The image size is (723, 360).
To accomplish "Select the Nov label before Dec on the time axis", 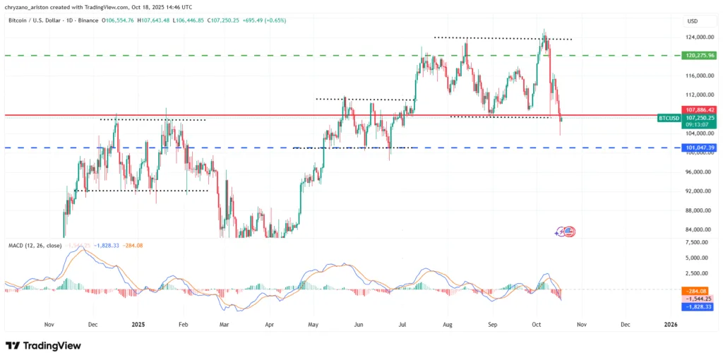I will [x=49, y=325].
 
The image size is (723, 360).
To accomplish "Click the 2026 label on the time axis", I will [x=671, y=325].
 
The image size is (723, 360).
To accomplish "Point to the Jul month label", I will [x=402, y=325].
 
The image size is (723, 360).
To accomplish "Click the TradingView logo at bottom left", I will [x=43, y=346].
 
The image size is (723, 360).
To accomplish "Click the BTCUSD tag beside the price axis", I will [x=667, y=119].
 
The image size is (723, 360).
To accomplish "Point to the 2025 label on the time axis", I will [x=138, y=325].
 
